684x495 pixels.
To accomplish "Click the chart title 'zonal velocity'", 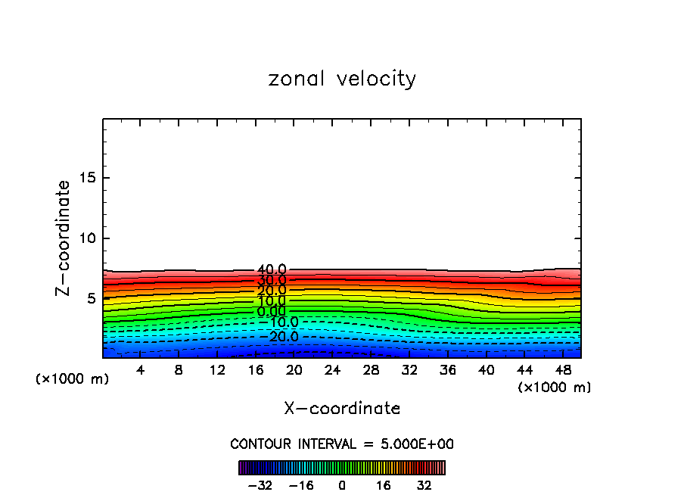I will click(x=342, y=79).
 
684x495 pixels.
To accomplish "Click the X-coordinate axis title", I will click(x=342, y=409).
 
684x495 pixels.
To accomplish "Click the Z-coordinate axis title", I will click(x=64, y=238).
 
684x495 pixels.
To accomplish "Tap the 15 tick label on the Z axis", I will click(x=85, y=178).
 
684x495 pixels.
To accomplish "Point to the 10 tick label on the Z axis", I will click(x=85, y=238).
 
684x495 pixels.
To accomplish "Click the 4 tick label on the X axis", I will click(x=141, y=370).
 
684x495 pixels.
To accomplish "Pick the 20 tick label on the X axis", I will click(x=294, y=370).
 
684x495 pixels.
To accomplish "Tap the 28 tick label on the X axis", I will click(x=371, y=370).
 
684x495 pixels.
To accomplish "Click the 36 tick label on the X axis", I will click(x=448, y=370).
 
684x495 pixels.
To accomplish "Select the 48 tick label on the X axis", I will click(x=563, y=370).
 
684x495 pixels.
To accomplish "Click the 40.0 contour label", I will click(x=272, y=270).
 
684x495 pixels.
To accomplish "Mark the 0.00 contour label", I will click(x=272, y=312).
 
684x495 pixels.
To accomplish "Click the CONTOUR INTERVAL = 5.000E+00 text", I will click(x=342, y=444).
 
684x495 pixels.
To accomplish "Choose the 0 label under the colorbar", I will click(x=342, y=485).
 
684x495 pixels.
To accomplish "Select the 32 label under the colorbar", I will click(x=424, y=485).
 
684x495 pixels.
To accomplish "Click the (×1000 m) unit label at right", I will click(x=555, y=388).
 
